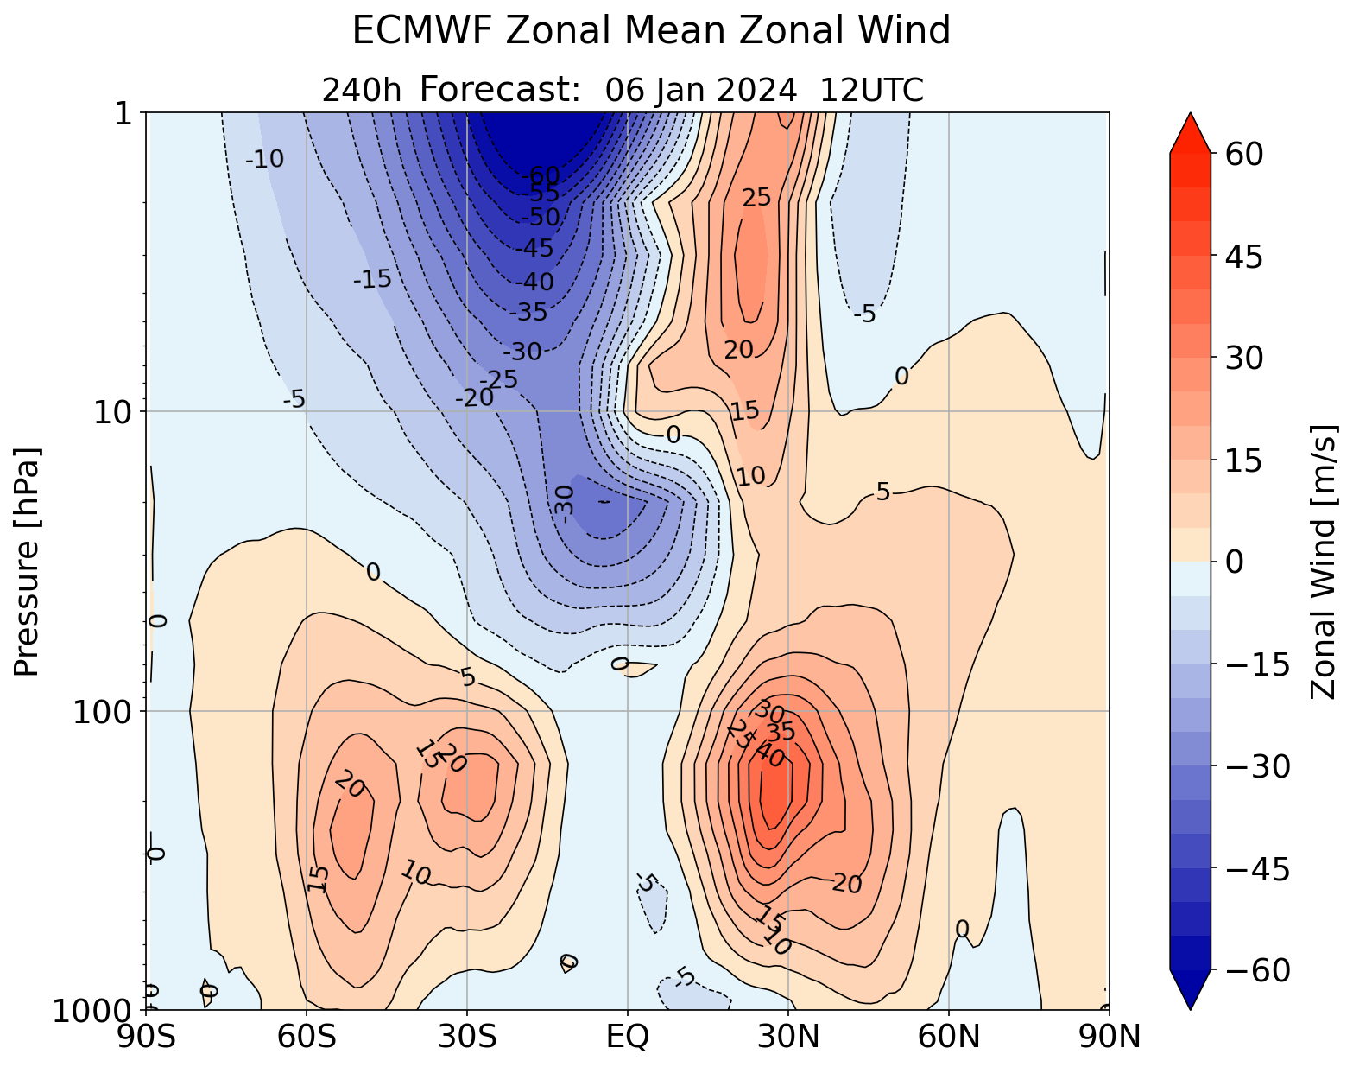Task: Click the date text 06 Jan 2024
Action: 700,90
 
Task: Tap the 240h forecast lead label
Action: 361,90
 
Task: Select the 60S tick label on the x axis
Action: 307,1037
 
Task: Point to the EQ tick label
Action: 627,1037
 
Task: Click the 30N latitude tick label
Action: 788,1037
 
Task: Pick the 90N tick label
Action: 1109,1037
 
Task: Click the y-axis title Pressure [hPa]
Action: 28,562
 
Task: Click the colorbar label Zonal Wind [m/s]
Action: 1324,562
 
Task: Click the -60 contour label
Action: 541,176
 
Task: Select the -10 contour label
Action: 264,159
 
